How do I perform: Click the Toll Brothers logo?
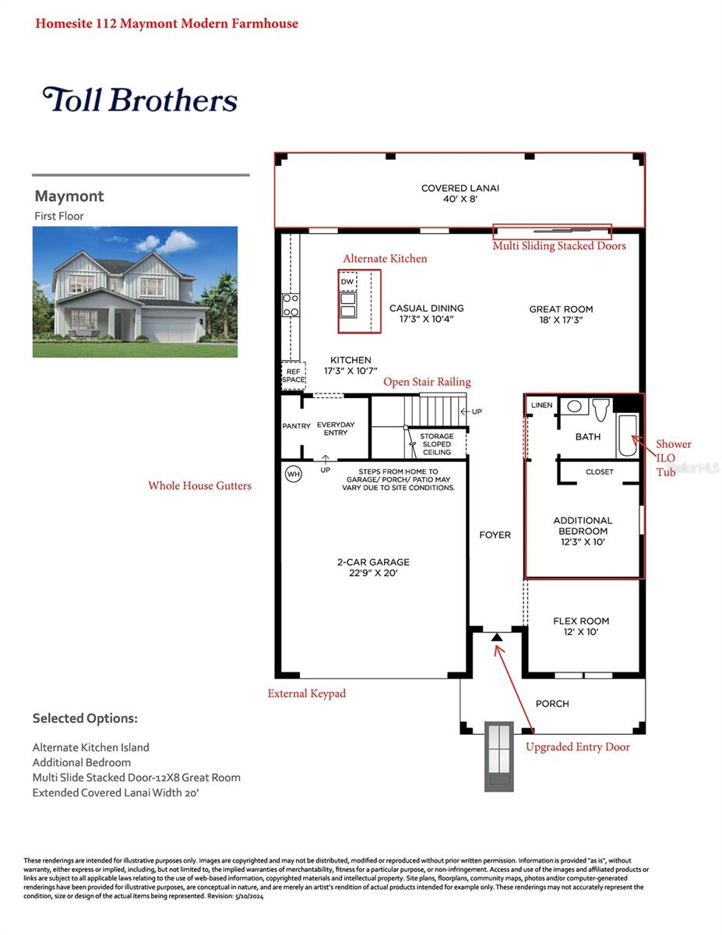(140, 100)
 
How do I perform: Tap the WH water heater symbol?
(293, 474)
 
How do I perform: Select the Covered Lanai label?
(460, 193)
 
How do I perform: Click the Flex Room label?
(581, 626)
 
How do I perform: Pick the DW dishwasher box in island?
(347, 281)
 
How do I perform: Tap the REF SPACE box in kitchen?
(293, 376)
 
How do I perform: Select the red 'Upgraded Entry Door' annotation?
(577, 746)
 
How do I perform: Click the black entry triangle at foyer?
(497, 637)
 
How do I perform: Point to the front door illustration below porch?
(498, 756)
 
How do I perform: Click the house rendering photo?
(135, 292)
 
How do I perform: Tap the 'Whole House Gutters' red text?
(199, 485)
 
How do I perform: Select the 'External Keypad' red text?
(306, 693)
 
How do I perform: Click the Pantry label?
(296, 426)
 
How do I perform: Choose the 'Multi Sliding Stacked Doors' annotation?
(558, 245)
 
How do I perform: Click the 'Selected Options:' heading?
(85, 718)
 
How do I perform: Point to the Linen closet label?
(541, 406)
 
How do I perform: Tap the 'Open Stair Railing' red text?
(427, 382)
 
